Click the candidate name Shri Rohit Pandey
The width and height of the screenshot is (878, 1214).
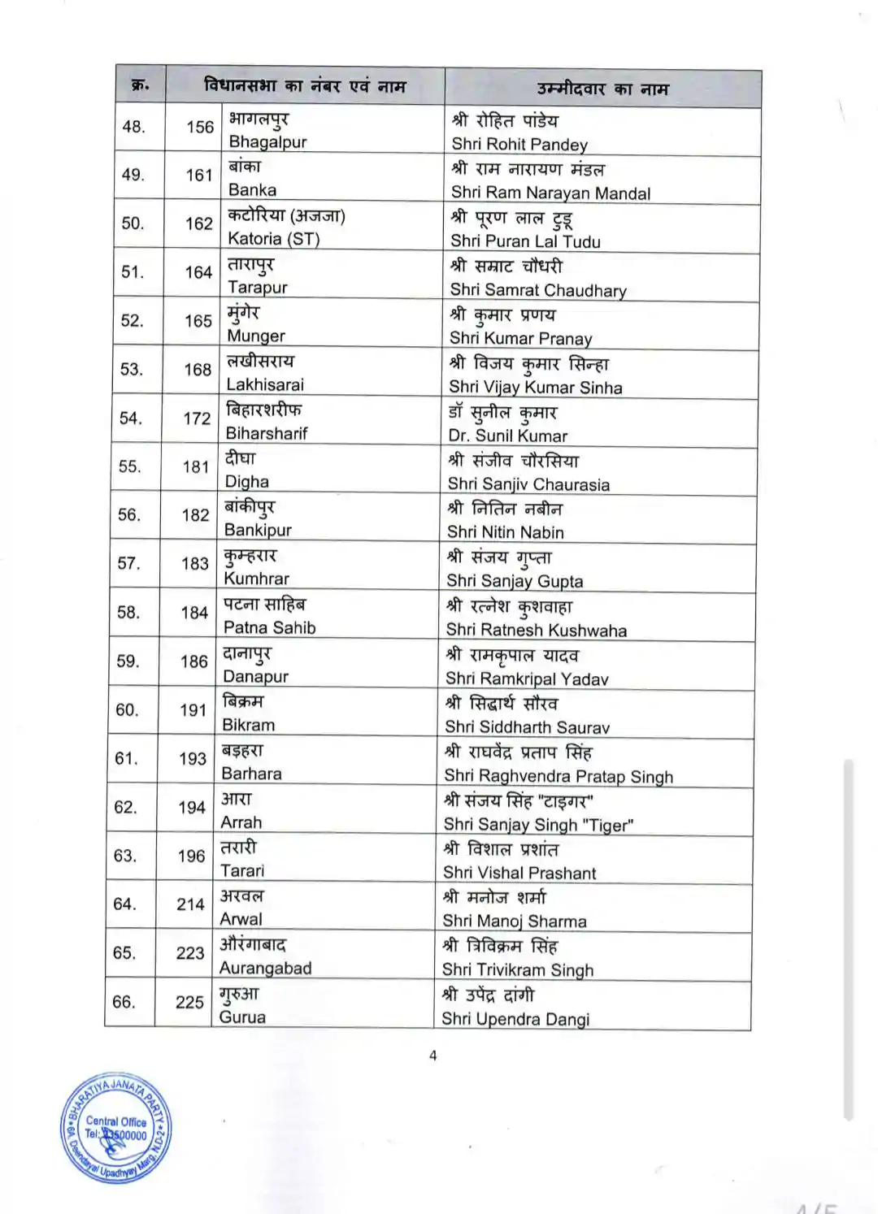[519, 145]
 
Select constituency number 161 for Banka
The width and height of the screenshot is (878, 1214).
[198, 176]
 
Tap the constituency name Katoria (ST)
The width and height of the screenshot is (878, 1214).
[273, 239]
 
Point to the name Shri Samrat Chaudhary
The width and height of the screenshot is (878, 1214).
[538, 291]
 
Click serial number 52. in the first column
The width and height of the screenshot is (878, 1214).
[133, 321]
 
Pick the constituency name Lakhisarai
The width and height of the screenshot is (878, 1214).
[265, 384]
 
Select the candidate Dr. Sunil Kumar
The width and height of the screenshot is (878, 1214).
[507, 436]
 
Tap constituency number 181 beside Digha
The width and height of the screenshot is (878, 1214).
[196, 467]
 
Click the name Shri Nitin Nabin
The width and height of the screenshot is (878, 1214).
[505, 532]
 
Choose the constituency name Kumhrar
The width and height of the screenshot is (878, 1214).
[256, 579]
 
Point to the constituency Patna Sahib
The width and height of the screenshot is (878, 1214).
[269, 627]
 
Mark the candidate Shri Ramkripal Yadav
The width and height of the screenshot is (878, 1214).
[527, 679]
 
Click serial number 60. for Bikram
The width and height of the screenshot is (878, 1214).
[127, 710]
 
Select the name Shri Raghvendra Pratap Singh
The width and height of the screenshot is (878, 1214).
[559, 776]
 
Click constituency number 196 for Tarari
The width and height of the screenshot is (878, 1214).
[191, 856]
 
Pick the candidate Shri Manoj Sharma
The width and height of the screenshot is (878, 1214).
[514, 921]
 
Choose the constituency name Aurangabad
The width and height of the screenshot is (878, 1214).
[265, 968]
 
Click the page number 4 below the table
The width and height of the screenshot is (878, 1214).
[432, 1056]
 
